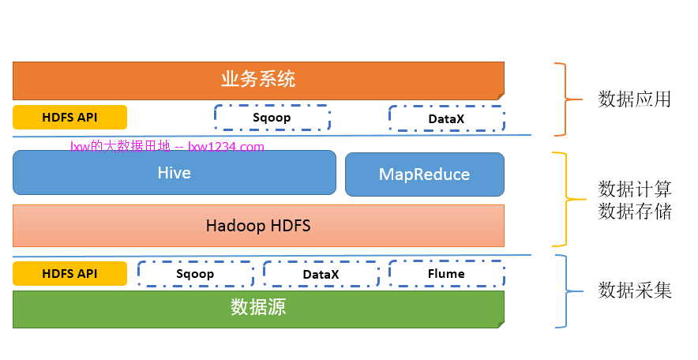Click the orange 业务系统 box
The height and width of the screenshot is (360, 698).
[x=258, y=80]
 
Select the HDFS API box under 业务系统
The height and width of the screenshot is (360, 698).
[x=69, y=117]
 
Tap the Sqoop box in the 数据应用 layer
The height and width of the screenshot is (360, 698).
[x=272, y=118]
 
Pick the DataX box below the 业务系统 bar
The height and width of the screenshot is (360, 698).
[x=446, y=118]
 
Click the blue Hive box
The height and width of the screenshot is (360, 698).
[x=174, y=173]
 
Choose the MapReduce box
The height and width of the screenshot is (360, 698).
[x=424, y=174]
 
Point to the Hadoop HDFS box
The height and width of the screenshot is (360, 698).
[x=258, y=226]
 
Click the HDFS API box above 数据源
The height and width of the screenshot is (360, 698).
[x=69, y=273]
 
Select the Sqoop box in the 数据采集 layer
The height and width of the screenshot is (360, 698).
[x=195, y=274]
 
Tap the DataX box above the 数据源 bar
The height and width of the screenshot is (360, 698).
[x=321, y=274]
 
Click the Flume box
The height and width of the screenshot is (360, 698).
[x=446, y=274]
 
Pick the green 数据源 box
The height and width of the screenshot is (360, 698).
[x=258, y=308]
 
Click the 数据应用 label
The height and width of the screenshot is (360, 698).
[x=634, y=99]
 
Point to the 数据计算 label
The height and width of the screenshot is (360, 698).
[x=634, y=189]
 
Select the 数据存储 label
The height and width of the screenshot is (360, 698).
[x=634, y=212]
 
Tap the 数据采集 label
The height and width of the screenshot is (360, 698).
[x=634, y=291]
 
